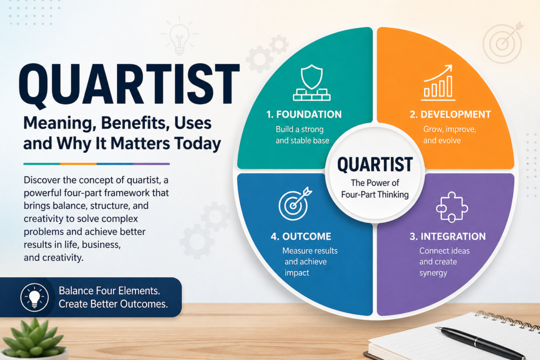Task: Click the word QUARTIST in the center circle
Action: click(x=375, y=165)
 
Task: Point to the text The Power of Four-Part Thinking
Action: click(x=375, y=189)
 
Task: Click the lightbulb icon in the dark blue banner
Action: click(x=34, y=297)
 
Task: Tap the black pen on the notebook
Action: click(x=472, y=342)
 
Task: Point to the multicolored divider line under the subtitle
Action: click(x=97, y=163)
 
